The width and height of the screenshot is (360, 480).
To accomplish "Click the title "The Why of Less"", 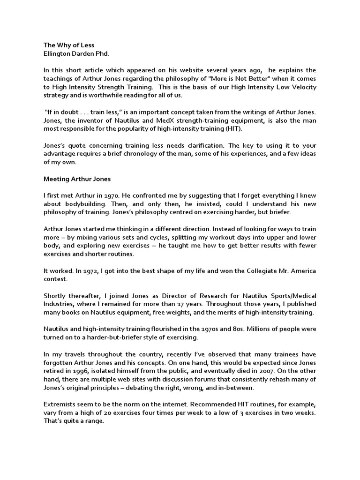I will click(69, 45).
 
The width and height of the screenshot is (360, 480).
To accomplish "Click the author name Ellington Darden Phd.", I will click(76, 53).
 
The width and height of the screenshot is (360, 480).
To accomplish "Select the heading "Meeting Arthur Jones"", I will click(75, 179).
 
